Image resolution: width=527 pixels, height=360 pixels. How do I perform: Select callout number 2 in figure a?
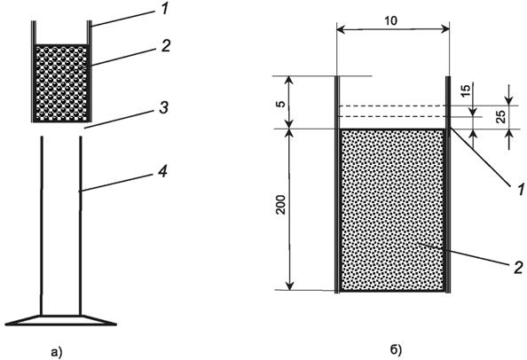pyautogui.click(x=166, y=45)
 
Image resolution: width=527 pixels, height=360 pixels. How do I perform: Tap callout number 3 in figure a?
pyautogui.click(x=163, y=108)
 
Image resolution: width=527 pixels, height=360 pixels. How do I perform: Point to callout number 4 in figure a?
pyautogui.click(x=162, y=171)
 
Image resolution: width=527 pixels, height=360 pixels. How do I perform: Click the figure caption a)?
pyautogui.click(x=56, y=352)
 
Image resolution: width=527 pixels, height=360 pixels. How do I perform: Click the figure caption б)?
pyautogui.click(x=396, y=350)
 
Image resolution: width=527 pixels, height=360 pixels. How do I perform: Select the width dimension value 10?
pyautogui.click(x=390, y=21)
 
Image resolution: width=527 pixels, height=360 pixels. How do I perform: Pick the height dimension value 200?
pyautogui.click(x=280, y=205)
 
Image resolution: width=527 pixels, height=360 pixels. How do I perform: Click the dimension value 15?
pyautogui.click(x=465, y=91)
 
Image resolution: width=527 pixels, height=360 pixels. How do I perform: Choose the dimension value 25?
pyautogui.click(x=500, y=116)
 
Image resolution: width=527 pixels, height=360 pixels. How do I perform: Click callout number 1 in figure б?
pyautogui.click(x=521, y=190)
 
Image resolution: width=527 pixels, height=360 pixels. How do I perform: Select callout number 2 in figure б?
pyautogui.click(x=518, y=267)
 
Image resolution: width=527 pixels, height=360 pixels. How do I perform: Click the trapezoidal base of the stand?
pyautogui.click(x=61, y=320)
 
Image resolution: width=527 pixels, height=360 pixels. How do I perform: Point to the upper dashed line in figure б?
pyautogui.click(x=392, y=106)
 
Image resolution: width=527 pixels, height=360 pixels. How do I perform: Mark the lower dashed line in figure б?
pyautogui.click(x=392, y=116)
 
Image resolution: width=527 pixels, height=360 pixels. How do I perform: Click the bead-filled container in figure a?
pyautogui.click(x=62, y=83)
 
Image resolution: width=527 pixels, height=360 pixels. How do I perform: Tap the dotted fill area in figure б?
pyautogui.click(x=392, y=210)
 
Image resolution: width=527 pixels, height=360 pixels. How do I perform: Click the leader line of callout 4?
pyautogui.click(x=118, y=183)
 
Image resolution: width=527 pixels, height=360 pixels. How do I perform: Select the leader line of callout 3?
pyautogui.click(x=120, y=119)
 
